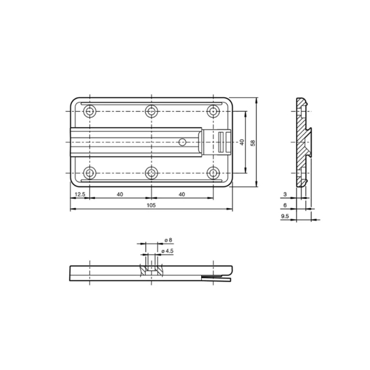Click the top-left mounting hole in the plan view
click(90, 110)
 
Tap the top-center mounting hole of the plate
click(151, 110)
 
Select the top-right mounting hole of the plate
click(213, 110)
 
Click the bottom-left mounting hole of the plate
click(90, 172)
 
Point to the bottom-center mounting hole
click(151, 172)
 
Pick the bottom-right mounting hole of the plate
click(213, 172)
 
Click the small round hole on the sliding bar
click(182, 141)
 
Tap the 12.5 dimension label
click(79, 194)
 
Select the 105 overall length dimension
click(151, 205)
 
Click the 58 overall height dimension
click(253, 142)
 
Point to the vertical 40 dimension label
click(242, 142)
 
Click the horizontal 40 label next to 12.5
click(120, 194)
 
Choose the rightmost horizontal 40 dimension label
click(182, 194)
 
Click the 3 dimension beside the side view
click(284, 194)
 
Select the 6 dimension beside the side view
click(284, 205)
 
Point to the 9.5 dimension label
click(284, 216)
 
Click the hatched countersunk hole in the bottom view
click(151, 270)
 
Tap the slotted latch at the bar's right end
click(223, 142)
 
